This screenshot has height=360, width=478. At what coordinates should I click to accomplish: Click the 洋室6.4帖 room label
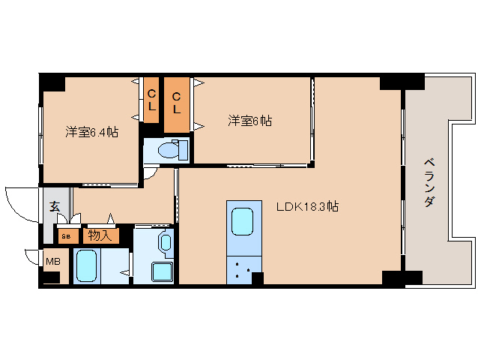91,132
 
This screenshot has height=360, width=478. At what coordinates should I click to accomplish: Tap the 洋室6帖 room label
249,120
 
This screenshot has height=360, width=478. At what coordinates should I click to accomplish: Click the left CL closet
151,100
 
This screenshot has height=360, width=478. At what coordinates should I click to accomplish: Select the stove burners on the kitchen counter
243,271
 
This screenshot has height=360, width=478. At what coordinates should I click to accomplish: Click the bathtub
85,267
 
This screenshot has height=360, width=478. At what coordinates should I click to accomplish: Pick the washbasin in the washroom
165,243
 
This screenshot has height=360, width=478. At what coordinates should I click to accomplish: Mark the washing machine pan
162,271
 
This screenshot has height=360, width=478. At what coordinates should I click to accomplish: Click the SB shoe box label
66,236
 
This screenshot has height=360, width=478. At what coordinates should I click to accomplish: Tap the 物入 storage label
100,235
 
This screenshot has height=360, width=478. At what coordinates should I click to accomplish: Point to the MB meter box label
52,262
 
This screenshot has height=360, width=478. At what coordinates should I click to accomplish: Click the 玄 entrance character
55,208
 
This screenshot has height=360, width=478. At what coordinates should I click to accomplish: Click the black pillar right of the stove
258,279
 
